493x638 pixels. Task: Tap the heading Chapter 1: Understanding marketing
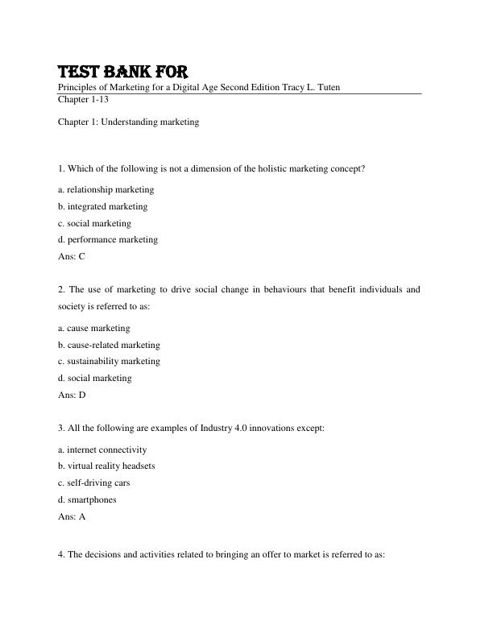tap(128, 122)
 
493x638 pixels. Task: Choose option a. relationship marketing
tap(106, 190)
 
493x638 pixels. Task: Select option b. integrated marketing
tap(102, 206)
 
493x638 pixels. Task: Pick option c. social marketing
tap(94, 223)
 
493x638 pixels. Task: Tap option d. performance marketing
tap(108, 239)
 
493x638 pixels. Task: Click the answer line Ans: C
tap(72, 256)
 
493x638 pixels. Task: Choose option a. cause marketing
tap(93, 329)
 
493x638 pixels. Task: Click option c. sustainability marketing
tap(109, 362)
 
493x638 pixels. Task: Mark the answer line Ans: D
tap(72, 395)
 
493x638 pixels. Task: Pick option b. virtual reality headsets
tap(106, 466)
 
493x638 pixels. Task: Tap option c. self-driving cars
tap(93, 483)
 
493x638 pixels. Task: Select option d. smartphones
tap(87, 499)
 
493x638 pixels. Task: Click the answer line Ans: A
tap(72, 516)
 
